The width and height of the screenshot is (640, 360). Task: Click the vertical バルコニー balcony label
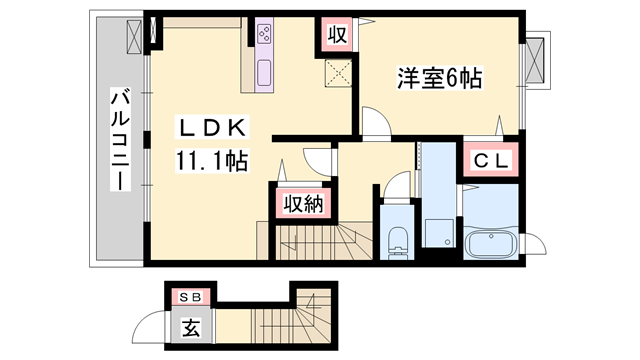coord(119,140)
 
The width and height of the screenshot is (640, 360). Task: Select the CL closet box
coord(488,160)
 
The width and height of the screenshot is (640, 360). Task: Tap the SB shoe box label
coord(189,298)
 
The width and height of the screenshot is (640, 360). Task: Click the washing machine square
coord(437,232)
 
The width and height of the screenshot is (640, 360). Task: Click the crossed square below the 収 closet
coord(337,71)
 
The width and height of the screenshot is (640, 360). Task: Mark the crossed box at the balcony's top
coord(135,34)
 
